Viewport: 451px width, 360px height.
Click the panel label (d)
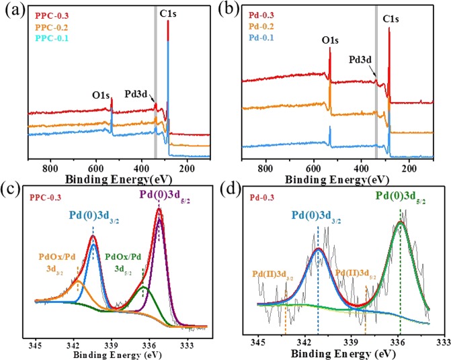point(237,190)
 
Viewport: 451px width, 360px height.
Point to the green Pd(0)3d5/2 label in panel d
point(401,199)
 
